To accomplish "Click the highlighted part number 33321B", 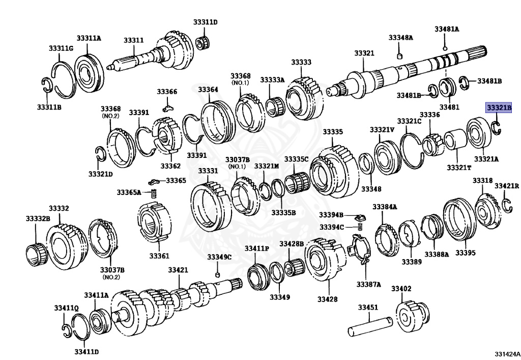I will tap(499, 108).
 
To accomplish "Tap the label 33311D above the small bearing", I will tap(205, 22).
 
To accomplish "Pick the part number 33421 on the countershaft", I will tap(178, 269).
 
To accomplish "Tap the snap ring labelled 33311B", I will tap(46, 85).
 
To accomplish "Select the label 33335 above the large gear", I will tap(333, 132).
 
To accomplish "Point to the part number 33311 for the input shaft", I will tap(133, 40).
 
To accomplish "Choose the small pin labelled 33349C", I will tap(217, 275).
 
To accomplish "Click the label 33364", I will tap(208, 90).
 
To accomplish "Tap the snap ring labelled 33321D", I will tap(101, 153).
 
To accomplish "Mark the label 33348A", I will tap(401, 38).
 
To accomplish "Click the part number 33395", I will tap(465, 253).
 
